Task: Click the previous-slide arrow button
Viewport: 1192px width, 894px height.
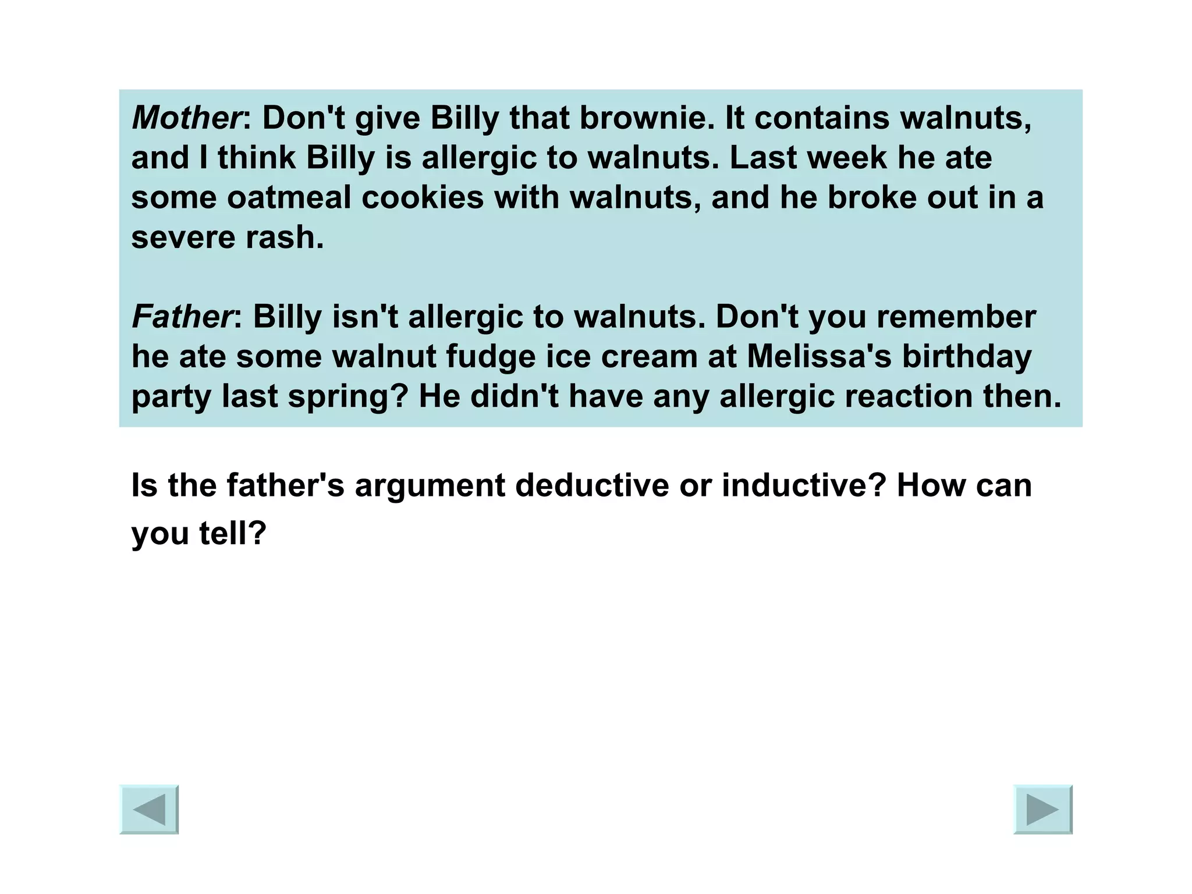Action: coord(149,809)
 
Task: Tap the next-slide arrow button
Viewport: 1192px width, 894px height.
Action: coord(1042,809)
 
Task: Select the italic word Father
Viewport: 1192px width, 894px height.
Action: coord(182,317)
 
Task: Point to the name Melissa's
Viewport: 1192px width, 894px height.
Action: coord(819,357)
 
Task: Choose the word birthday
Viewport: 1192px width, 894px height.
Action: coord(967,357)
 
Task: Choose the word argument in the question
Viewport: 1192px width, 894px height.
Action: coord(430,486)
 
